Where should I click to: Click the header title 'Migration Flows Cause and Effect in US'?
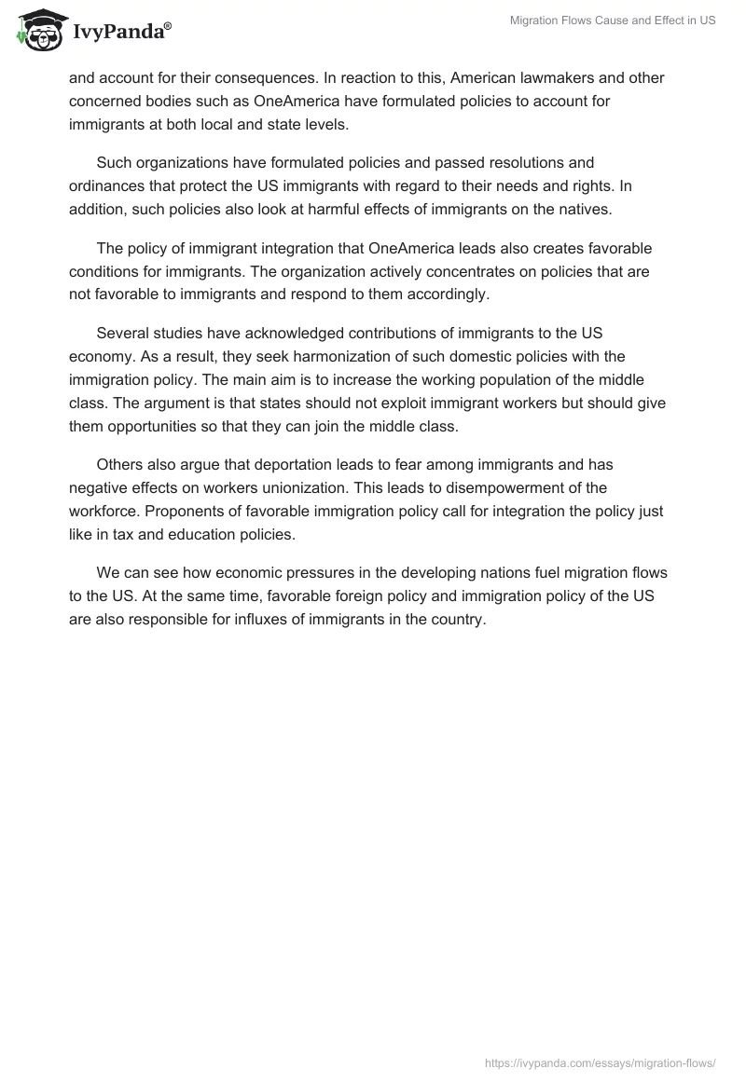click(x=613, y=21)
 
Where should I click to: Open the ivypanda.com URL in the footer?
click(x=600, y=1061)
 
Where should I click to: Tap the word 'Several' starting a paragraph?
click(x=123, y=334)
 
